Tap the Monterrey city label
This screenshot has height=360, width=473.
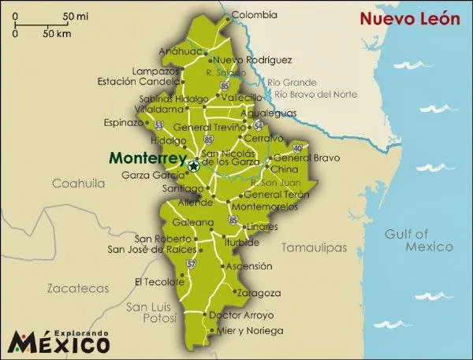[x=147, y=157]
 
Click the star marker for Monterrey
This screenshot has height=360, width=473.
[x=193, y=165]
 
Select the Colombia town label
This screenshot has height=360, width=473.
[x=255, y=14]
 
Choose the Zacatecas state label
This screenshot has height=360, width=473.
[x=77, y=288]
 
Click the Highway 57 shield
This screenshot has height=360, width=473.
[x=190, y=264]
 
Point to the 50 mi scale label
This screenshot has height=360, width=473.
[x=76, y=16]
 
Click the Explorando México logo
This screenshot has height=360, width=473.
[x=59, y=341]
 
